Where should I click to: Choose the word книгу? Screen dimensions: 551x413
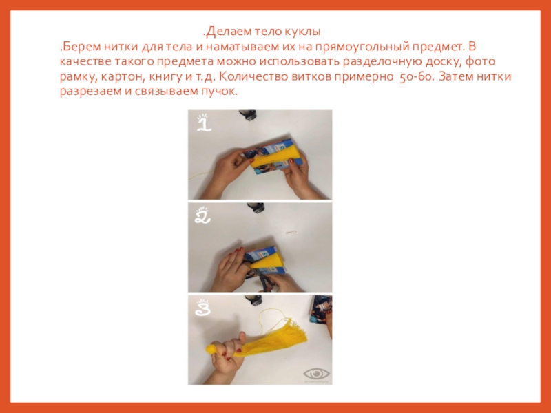point(165,77)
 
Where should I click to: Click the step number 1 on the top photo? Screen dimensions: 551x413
point(203,123)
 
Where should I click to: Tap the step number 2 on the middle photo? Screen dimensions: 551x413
point(202,215)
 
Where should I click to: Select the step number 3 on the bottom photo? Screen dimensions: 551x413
point(202,307)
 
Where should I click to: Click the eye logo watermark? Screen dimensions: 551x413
point(316,374)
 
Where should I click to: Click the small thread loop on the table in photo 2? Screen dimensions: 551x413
point(291,232)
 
